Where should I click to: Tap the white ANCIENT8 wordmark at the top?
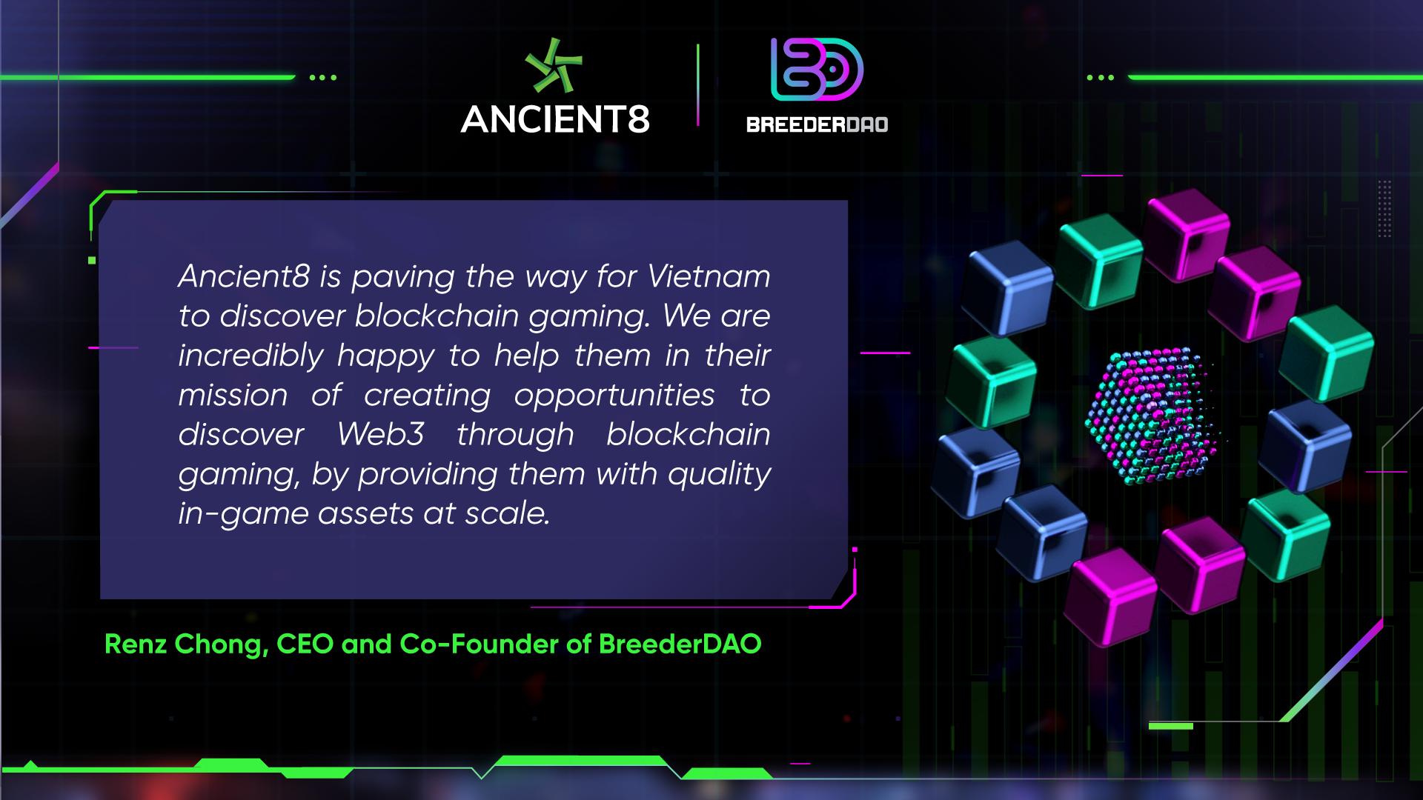[x=555, y=119]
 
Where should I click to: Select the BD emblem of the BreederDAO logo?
[x=817, y=69]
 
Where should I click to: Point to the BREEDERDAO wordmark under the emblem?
[x=817, y=124]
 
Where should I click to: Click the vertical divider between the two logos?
[x=697, y=84]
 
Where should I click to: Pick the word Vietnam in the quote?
[x=709, y=276]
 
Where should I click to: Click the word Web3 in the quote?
[x=381, y=434]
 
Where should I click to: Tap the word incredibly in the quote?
[x=251, y=356]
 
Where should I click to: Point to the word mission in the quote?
[x=233, y=395]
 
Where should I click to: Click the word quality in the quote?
[x=719, y=475]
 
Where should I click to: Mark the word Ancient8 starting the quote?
[x=244, y=276]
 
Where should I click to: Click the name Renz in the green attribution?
[x=136, y=644]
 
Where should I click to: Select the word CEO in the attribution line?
[x=305, y=644]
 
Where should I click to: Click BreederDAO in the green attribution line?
[x=680, y=644]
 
